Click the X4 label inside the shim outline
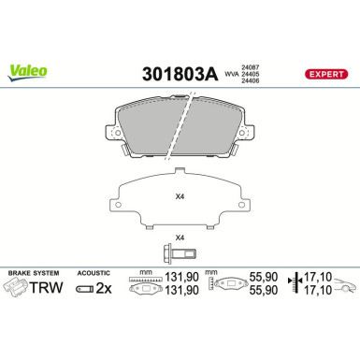[180, 196]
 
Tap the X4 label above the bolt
[180, 237]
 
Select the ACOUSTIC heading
[94, 272]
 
